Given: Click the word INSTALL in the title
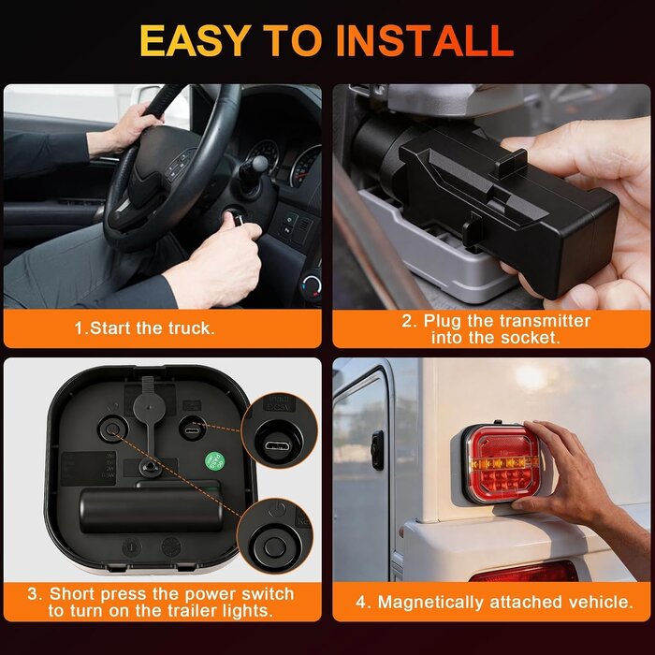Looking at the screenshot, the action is (x=425, y=40).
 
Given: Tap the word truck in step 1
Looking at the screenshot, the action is (x=191, y=328).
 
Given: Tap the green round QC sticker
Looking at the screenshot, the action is (x=214, y=461).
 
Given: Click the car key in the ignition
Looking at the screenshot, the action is (x=236, y=217).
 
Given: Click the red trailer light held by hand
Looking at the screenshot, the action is (x=501, y=463).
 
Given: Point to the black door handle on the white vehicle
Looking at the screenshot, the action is (x=377, y=450).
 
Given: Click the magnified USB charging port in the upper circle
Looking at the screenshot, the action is (x=278, y=445).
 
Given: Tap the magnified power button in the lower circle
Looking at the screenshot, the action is (x=275, y=546).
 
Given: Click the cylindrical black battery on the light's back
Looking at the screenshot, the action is (x=151, y=511).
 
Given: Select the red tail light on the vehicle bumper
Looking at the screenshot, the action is (x=525, y=571).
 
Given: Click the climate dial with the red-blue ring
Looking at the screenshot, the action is (x=312, y=286).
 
